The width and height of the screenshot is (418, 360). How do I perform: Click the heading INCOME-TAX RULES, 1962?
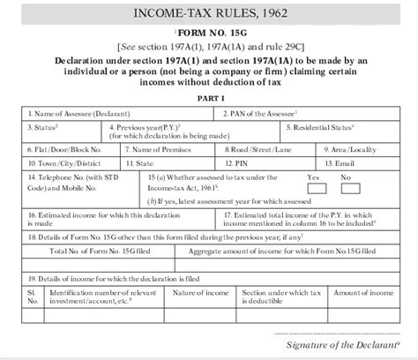(209, 11)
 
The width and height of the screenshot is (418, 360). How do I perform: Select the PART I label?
(210, 99)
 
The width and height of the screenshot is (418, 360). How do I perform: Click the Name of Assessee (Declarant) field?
(119, 114)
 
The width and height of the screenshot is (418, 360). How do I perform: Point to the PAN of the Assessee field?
(308, 114)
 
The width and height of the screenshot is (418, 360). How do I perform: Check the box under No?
(347, 188)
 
